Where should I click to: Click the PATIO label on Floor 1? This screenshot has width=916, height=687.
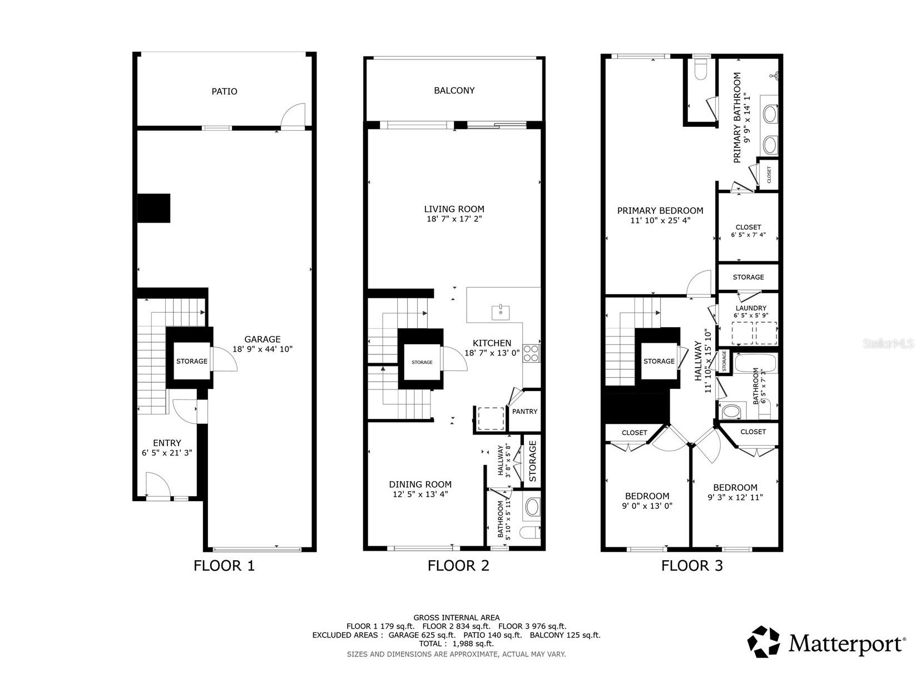[x=224, y=91]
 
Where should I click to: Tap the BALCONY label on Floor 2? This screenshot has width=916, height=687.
[x=454, y=91]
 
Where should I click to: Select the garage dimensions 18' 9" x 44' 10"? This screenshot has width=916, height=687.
[x=263, y=349]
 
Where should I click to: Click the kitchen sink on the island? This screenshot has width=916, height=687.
[x=501, y=312]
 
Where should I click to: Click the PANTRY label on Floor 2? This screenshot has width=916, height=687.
[x=524, y=412]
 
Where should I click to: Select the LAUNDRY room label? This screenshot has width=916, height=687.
[x=750, y=308]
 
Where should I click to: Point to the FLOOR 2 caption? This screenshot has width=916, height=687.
[x=458, y=566]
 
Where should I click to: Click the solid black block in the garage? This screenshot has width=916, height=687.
[x=154, y=208]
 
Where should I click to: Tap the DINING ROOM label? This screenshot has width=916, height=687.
[x=420, y=485]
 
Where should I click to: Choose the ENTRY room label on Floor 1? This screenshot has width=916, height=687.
[x=167, y=443]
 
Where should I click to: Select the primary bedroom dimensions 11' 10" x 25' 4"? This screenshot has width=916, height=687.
[x=660, y=220]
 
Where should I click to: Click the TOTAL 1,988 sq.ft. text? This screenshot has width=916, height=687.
[x=456, y=644]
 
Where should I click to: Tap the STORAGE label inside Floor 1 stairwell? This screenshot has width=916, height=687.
[x=191, y=362]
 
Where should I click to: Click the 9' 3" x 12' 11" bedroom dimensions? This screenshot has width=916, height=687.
[x=735, y=497]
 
